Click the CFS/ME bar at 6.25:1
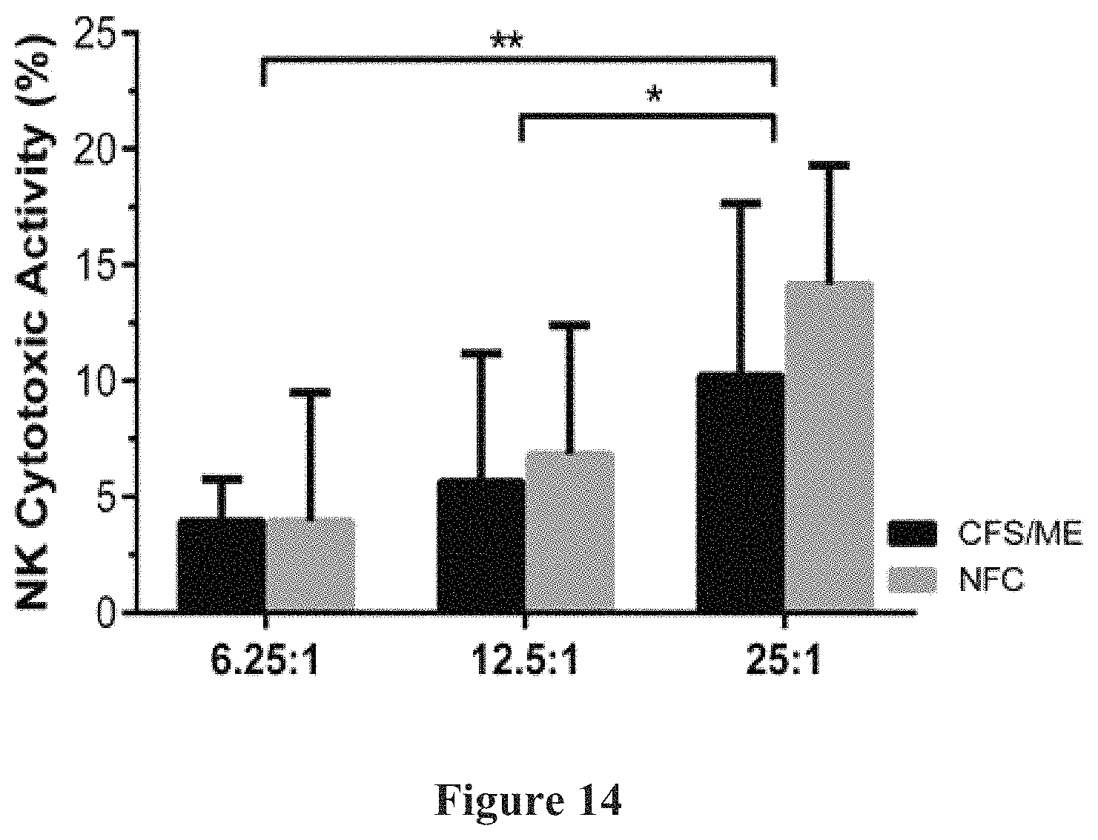click(222, 564)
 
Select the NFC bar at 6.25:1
click(310, 564)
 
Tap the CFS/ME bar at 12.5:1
click(481, 544)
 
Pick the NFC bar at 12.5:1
click(569, 531)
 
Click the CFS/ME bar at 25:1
click(741, 492)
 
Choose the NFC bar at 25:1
click(829, 446)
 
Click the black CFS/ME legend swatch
click(912, 534)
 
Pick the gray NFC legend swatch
click(912, 580)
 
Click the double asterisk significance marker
click(506, 41)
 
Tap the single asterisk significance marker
click(654, 94)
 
